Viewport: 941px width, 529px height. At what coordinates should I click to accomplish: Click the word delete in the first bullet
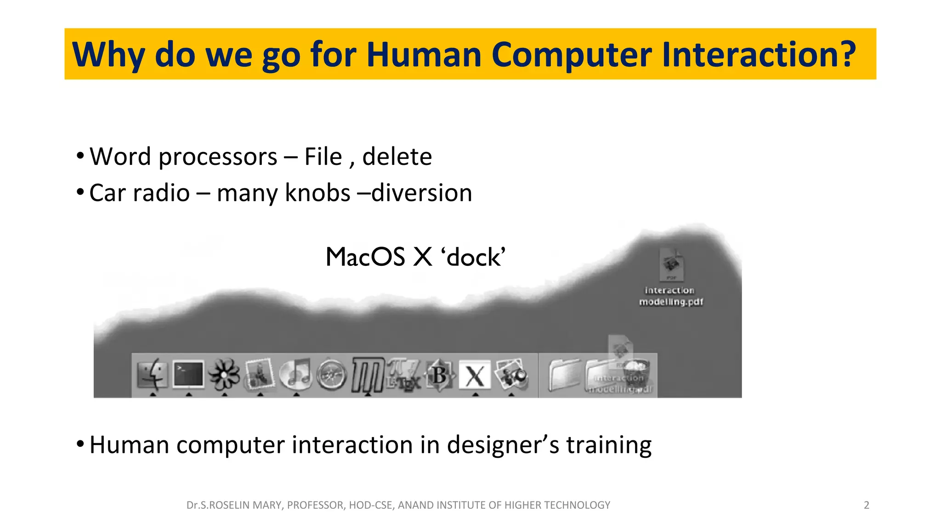point(397,157)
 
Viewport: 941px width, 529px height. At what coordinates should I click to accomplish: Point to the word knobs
point(317,193)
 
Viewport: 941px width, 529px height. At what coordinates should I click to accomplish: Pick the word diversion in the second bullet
point(422,193)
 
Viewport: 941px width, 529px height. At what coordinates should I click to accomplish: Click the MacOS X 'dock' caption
point(415,257)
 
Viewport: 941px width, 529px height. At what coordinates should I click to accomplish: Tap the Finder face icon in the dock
point(152,374)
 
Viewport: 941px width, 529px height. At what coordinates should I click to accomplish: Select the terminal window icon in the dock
point(188,374)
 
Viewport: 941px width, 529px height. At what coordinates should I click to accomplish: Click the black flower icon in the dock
point(224,374)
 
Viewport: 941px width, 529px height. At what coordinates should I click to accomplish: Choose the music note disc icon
point(296,374)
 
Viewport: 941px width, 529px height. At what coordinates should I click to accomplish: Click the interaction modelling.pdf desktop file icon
point(671,265)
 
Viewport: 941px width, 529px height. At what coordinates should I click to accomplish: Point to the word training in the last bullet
point(608,445)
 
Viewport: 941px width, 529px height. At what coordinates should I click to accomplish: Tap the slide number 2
point(866,505)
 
